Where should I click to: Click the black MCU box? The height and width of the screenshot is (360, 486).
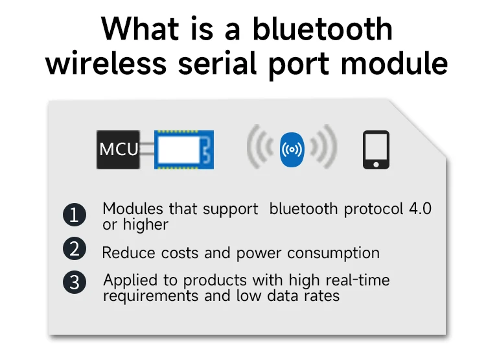tap(118, 150)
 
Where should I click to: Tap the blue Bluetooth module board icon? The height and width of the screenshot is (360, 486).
tap(184, 150)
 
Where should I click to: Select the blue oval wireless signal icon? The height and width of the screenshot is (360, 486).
tap(292, 150)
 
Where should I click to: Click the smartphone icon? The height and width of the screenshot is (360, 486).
tap(376, 150)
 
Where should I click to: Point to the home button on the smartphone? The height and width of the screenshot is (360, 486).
tap(376, 164)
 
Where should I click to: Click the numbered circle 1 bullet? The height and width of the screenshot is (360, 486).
tap(75, 215)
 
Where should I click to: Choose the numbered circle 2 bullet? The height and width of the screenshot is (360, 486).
tap(75, 248)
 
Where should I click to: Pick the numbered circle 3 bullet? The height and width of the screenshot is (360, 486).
tap(75, 282)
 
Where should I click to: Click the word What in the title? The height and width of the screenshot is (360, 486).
tap(140, 29)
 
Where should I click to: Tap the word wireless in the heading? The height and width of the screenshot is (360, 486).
tap(106, 64)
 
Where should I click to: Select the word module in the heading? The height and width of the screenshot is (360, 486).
tap(395, 64)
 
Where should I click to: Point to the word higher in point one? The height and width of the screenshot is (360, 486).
tap(146, 224)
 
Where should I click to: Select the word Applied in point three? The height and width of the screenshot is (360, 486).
tap(130, 281)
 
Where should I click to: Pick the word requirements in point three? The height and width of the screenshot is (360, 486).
tap(150, 296)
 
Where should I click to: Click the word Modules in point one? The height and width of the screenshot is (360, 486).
tap(133, 209)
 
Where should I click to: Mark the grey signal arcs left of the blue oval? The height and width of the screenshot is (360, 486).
tap(260, 147)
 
